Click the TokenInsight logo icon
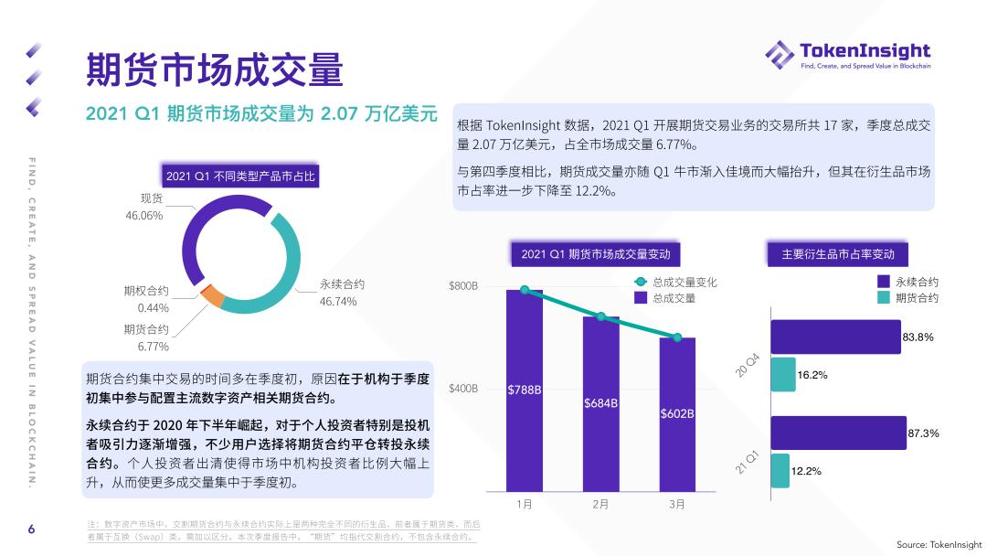(780, 54)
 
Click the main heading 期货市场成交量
(214, 69)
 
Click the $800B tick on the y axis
(463, 286)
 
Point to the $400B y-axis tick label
(463, 389)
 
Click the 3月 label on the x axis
(677, 504)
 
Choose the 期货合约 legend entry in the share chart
(916, 298)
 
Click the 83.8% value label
(918, 337)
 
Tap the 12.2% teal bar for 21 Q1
(780, 471)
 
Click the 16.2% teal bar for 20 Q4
(782, 375)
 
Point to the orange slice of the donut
(212, 295)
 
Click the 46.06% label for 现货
(143, 216)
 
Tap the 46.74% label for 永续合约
(338, 302)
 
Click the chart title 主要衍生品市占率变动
(838, 254)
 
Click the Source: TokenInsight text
(939, 543)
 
